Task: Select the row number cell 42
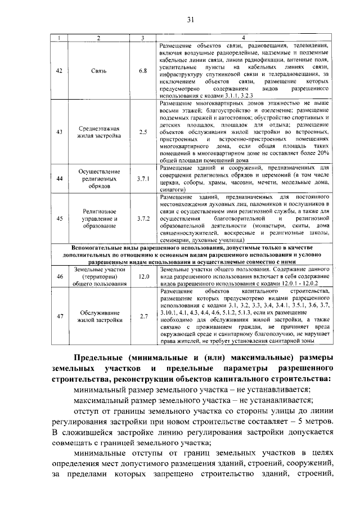tap(60, 70)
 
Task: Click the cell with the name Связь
tap(98, 70)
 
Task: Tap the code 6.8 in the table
tap(143, 70)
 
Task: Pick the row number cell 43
tap(60, 132)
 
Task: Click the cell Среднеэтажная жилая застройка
tap(98, 132)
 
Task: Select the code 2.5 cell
tap(143, 132)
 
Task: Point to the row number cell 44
tap(60, 178)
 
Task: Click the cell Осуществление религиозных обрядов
tap(98, 178)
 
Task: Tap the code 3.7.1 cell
tap(143, 178)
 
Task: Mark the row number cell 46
tap(60, 277)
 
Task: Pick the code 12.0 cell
tap(143, 277)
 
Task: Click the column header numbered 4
tap(243, 38)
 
